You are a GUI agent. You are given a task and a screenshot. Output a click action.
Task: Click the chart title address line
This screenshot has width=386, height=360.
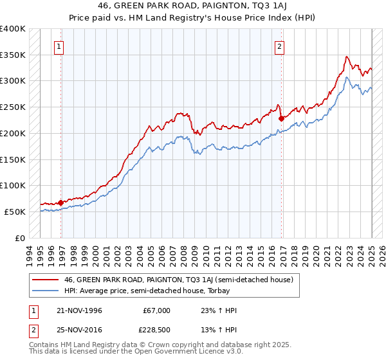[x=192, y=6]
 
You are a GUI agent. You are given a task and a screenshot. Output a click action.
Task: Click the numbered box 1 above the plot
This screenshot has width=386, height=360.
[x=59, y=46]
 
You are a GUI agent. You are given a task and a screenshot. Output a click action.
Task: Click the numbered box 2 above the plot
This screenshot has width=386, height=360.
[x=280, y=46]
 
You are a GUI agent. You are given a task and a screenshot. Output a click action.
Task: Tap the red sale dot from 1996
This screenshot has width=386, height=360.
[x=61, y=203]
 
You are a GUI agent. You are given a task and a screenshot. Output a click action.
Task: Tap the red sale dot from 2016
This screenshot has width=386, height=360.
[x=281, y=118]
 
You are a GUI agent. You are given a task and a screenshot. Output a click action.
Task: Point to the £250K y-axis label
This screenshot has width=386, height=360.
[x=13, y=107]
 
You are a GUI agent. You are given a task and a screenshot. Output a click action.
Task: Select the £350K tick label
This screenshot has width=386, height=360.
[x=13, y=55]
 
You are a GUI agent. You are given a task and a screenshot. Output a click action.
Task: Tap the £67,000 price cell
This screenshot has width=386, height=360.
[x=156, y=310]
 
